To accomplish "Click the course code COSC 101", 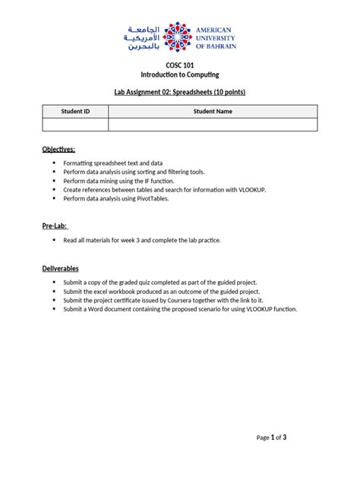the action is point(179,65).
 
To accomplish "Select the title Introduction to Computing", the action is point(179,74).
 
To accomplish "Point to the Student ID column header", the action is point(76,111).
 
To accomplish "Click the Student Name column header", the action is point(213,111).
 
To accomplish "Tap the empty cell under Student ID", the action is point(76,125).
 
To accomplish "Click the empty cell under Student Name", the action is point(213,125).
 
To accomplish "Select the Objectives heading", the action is point(58,149).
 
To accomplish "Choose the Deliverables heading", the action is point(61,268).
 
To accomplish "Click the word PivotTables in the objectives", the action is point(172,198).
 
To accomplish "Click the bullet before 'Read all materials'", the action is point(54,240).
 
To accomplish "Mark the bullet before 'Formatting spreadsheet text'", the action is point(54,163).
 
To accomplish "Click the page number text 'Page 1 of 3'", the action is point(271,437).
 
